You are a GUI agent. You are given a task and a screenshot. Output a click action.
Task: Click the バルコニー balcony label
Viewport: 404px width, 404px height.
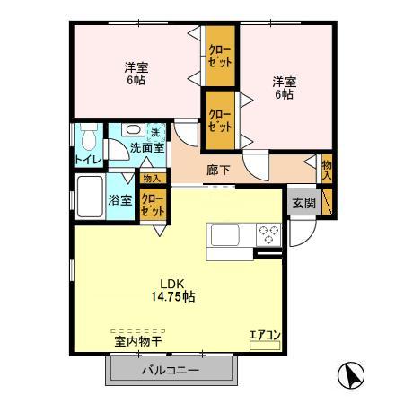coord(170,371)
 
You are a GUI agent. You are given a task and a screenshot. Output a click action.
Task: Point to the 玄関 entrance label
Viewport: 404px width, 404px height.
coord(303,202)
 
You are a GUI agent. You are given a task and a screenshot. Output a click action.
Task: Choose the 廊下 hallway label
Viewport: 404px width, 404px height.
coord(218,168)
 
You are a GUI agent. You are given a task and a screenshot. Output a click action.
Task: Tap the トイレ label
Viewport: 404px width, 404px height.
coord(88,160)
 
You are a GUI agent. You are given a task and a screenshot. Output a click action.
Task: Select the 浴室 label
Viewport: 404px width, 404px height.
coord(120,199)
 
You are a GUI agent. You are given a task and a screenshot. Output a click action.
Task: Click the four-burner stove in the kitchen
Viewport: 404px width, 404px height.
coord(268,235)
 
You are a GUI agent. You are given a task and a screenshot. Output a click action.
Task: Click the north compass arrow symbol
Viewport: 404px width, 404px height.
coord(351,373)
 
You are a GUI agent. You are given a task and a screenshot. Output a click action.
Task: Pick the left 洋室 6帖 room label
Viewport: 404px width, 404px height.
coord(135,72)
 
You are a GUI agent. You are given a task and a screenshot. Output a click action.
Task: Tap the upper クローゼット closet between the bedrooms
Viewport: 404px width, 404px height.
coord(221,57)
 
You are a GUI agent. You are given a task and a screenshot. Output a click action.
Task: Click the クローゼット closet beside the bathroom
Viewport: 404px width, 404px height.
coord(153,206)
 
